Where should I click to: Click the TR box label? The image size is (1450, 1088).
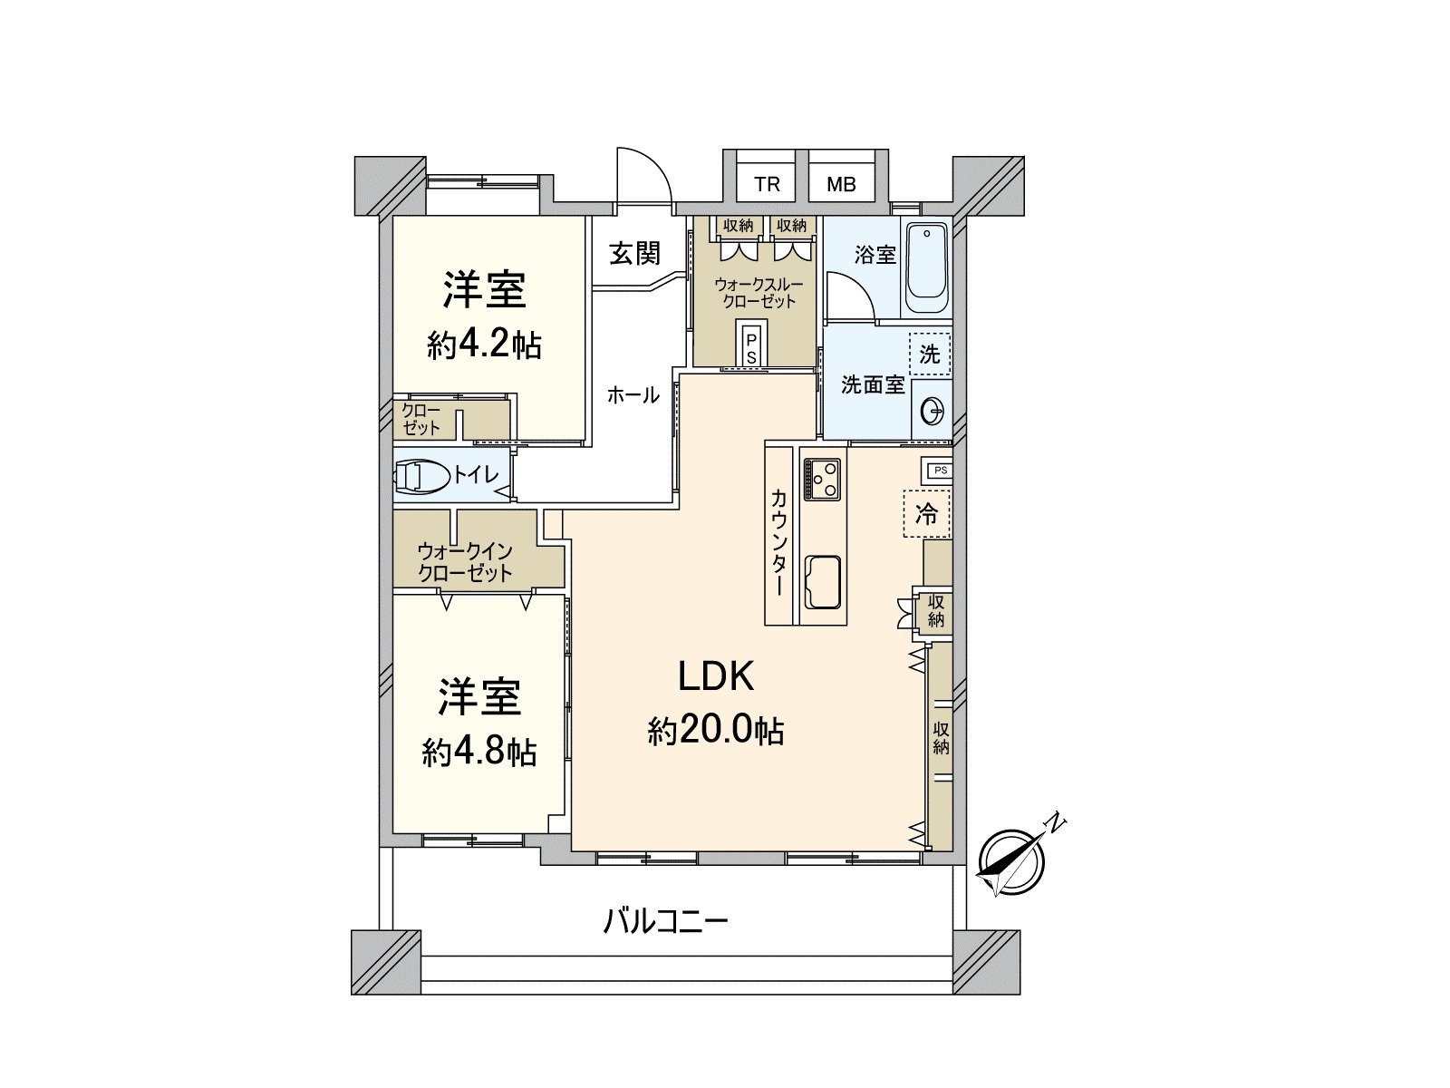coord(767,185)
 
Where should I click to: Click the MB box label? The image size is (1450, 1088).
coord(841,185)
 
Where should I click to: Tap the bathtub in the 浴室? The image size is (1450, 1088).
coord(926,267)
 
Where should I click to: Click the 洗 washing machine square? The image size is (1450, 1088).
coord(930,354)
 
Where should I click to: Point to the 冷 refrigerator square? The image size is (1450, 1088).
coord(926,514)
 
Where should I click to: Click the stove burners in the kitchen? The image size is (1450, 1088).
coord(822,478)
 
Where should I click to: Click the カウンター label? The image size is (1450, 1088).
coord(778,542)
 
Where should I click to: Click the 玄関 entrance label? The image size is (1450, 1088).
coord(634,253)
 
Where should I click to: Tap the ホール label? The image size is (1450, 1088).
coord(633,395)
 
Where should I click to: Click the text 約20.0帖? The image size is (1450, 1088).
coord(716,730)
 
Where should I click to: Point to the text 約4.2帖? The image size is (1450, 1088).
coord(484,345)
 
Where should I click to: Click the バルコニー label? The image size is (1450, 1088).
coord(666,923)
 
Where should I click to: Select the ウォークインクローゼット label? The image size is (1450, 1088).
coord(465,562)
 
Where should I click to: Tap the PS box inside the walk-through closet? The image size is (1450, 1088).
coord(751,346)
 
